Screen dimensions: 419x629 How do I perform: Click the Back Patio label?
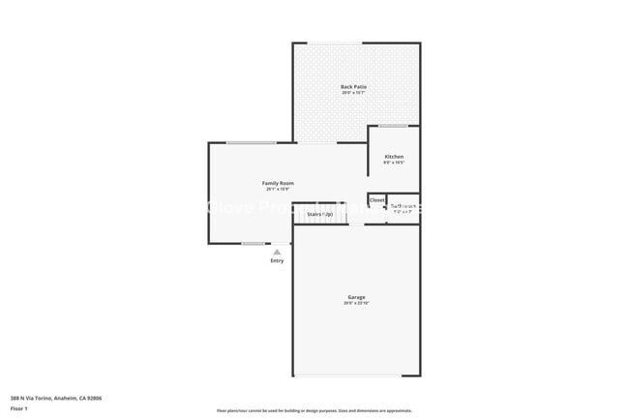tap(353, 87)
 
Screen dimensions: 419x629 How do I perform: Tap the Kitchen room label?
tap(394, 157)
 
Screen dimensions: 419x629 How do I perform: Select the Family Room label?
tap(278, 183)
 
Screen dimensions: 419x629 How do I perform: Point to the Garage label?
tap(356, 297)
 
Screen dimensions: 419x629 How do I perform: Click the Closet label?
tap(376, 201)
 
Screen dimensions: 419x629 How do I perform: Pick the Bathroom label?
tap(404, 205)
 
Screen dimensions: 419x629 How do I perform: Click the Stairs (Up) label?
tap(319, 214)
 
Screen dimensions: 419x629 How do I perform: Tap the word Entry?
tap(278, 261)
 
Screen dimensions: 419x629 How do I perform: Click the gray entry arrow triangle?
tap(277, 252)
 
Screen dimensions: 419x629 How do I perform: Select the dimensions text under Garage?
tap(356, 304)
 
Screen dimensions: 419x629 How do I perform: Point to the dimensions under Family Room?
tap(278, 190)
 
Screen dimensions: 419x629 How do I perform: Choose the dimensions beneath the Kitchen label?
tap(394, 164)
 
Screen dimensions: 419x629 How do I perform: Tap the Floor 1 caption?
tap(18, 408)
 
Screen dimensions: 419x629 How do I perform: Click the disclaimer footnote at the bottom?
tap(314, 411)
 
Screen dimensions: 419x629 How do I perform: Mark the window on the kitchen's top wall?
tap(392, 126)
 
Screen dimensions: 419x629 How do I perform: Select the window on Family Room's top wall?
tap(251, 143)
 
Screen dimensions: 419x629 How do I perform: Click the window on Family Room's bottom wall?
tap(253, 243)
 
